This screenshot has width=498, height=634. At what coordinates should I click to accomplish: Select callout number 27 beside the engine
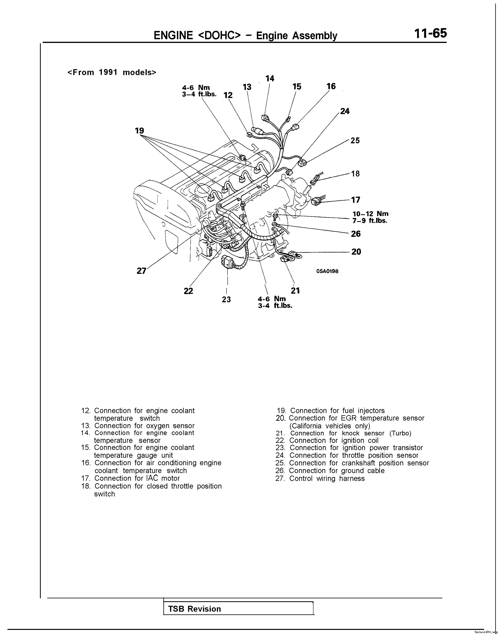141,271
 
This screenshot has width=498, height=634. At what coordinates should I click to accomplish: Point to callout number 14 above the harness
270,78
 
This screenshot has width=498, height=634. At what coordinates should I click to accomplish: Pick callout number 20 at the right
356,252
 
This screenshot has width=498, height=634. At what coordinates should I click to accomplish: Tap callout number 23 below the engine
226,299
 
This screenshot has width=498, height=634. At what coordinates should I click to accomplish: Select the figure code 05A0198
327,271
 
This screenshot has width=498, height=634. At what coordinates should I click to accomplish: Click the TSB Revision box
238,609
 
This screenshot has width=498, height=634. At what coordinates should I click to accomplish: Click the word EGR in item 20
349,418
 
